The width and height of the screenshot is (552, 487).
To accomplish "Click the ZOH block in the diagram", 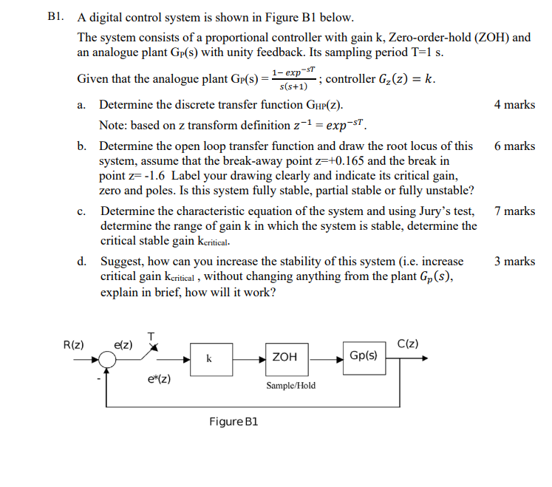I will click(284, 357).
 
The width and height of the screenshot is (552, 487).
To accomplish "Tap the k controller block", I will click(210, 358).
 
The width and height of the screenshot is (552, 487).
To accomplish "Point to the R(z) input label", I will click(74, 344).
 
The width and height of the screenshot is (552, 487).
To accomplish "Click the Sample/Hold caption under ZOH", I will click(290, 385).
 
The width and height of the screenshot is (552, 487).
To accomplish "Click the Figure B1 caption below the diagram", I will click(234, 421).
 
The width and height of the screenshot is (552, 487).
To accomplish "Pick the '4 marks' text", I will click(514, 104).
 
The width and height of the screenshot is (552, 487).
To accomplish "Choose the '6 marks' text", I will click(514, 146).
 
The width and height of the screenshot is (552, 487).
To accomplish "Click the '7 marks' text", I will click(514, 211).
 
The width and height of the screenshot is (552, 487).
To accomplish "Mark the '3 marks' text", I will click(514, 261).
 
